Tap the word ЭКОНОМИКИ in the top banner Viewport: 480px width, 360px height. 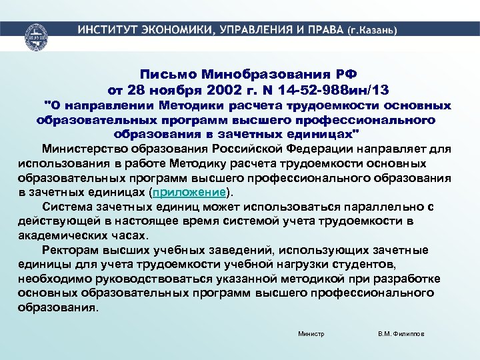click(179, 31)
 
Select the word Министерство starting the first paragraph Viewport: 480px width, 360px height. click(85, 148)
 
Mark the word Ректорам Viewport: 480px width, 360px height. click(69, 250)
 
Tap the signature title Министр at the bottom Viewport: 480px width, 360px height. click(311, 333)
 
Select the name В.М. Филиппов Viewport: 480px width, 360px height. click(401, 333)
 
